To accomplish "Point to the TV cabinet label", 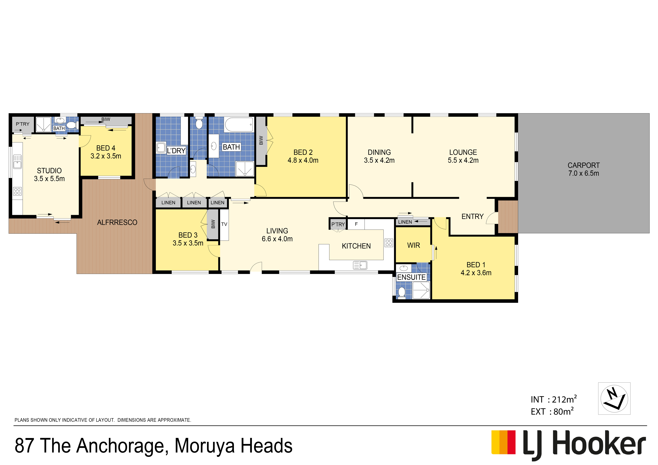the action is point(224,224).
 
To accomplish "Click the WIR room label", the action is point(414,245).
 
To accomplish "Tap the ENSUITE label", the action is point(411,277).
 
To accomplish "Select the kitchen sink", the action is point(360,265).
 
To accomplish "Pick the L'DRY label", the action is point(176,151).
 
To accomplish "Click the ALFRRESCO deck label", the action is point(117,222).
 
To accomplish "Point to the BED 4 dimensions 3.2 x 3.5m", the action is point(106,156).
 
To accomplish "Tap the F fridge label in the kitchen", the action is point(356,224).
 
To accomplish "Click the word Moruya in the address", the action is point(205,446).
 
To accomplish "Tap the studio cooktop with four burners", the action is point(17,191).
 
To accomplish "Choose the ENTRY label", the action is point(473,217).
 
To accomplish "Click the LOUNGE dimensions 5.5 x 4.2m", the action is point(463,160).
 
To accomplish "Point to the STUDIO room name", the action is point(49,171).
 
